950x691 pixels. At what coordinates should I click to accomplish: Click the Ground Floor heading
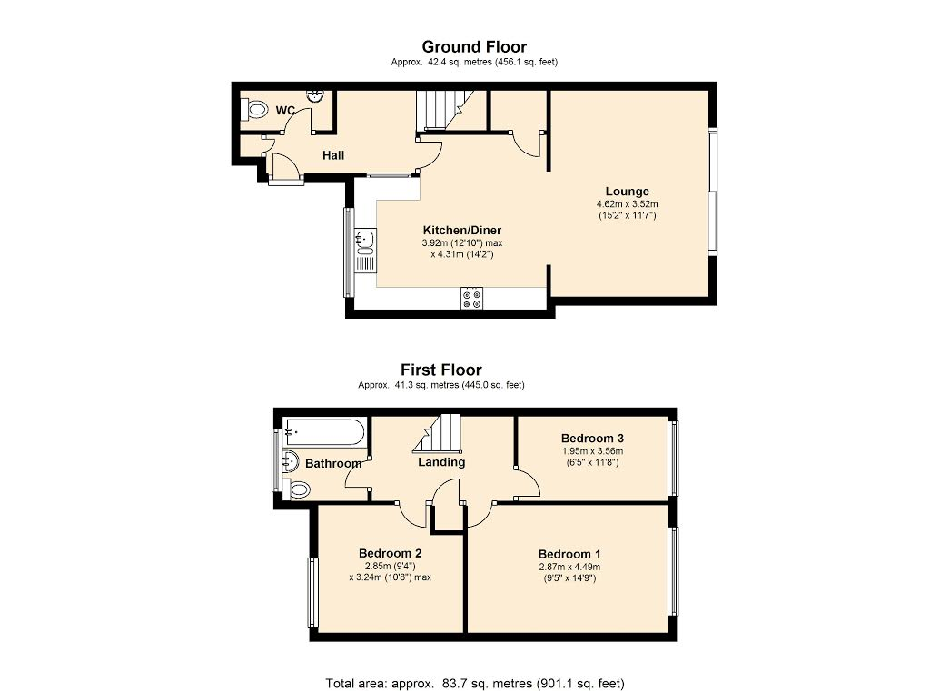click(474, 46)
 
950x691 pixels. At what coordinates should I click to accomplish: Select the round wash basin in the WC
click(316, 95)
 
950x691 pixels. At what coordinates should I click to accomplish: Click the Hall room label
click(333, 155)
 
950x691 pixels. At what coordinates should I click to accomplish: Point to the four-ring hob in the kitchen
click(472, 297)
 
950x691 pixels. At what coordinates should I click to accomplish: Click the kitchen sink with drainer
click(365, 250)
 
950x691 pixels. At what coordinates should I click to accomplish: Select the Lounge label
click(627, 192)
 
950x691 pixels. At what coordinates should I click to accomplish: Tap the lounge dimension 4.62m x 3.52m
click(627, 204)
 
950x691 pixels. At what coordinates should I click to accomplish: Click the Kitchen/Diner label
click(461, 230)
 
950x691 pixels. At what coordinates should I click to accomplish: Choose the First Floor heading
click(441, 370)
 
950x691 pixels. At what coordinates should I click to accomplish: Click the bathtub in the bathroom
click(324, 432)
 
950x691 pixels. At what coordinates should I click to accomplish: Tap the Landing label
click(441, 462)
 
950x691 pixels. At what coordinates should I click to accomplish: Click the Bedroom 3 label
click(592, 438)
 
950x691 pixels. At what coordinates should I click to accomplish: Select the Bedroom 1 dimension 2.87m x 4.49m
click(569, 568)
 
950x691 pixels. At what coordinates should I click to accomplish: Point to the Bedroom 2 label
click(391, 553)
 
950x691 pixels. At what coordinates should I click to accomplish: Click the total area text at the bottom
click(475, 684)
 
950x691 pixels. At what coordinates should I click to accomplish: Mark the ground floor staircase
click(444, 110)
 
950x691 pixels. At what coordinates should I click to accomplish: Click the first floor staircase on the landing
click(437, 434)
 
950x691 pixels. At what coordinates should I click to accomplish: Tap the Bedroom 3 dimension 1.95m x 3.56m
click(592, 451)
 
